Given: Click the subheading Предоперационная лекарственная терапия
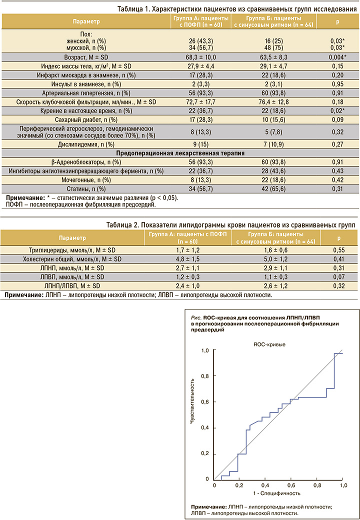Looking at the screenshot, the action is (180, 153).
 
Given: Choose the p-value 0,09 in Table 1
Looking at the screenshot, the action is (337, 119).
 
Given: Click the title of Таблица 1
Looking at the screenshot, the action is (237, 9).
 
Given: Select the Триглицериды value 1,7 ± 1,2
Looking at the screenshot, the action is (188, 250).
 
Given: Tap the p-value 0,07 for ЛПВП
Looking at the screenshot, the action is (337, 277).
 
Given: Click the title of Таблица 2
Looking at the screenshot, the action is (230, 225).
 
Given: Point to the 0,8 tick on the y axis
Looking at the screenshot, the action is (205, 376).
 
